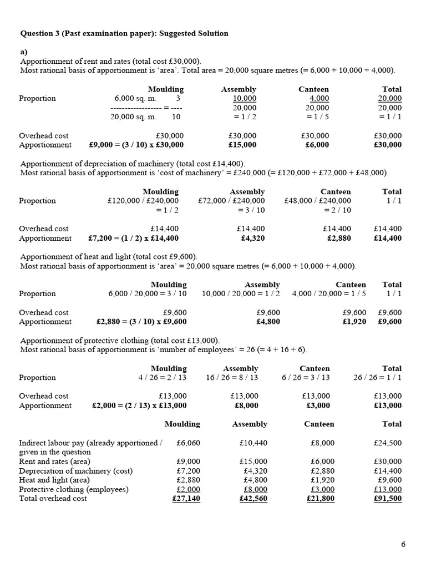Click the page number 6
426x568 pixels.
(403, 544)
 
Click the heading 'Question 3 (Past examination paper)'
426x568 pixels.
(89, 33)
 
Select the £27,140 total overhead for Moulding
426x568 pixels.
(186, 499)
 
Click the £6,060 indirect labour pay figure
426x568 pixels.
(188, 443)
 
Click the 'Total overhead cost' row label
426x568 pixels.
(53, 499)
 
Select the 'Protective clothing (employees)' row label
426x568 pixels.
(74, 489)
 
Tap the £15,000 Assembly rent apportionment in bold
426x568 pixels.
(242, 145)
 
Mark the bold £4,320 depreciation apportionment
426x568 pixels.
(252, 238)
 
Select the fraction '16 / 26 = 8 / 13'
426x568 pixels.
(232, 377)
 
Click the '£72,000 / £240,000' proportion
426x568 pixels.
(231, 201)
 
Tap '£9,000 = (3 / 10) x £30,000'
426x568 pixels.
(136, 145)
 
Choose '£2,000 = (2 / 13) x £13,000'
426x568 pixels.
(139, 405)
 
